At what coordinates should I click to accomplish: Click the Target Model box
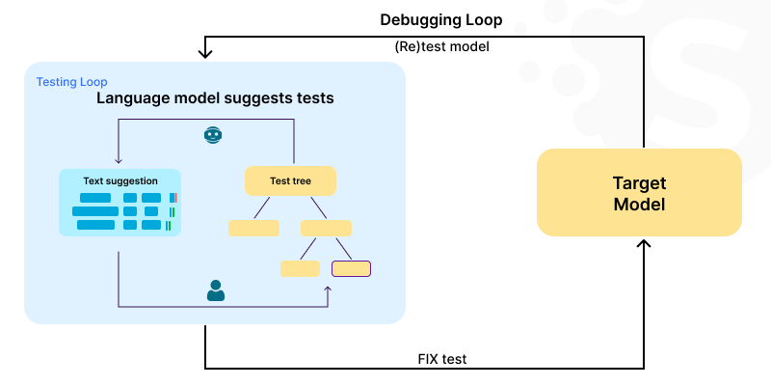coord(639,193)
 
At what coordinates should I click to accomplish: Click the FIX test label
coord(442,358)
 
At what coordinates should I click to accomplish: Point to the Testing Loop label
coord(71,82)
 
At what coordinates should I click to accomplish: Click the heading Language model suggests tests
coord(215,98)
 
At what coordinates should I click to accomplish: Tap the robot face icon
coord(213,135)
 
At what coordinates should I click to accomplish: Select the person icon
coord(216,290)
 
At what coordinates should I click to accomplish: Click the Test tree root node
coord(290,180)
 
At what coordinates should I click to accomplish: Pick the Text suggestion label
coord(120,180)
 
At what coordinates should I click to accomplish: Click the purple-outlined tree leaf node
coord(351,268)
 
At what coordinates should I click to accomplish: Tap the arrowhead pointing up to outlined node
coord(328,289)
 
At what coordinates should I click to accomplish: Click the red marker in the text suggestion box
coord(175,198)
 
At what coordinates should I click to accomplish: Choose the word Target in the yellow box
coord(639,182)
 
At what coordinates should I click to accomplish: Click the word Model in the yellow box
coord(639,205)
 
